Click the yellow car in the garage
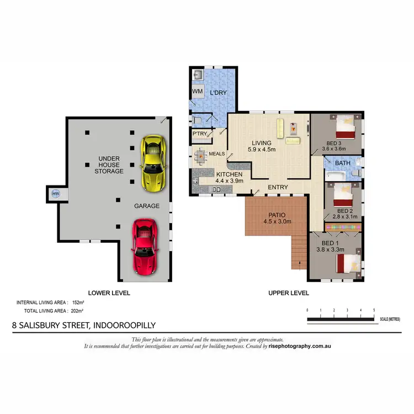152,164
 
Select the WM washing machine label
197,91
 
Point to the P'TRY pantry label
199,134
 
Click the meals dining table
200,155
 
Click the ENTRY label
278,187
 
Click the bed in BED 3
346,126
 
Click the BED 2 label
345,211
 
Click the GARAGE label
147,206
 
